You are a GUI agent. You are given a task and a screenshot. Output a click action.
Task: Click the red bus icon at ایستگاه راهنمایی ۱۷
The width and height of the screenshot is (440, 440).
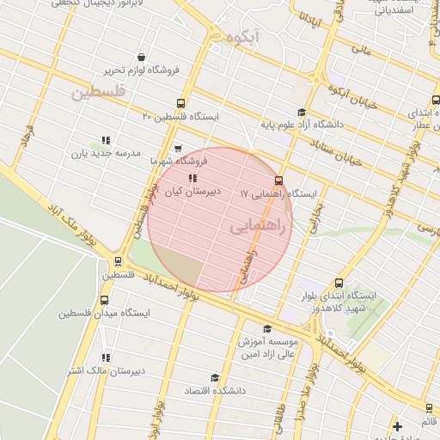(x=278, y=180)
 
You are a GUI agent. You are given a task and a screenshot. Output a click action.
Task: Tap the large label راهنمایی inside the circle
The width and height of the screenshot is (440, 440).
(x=261, y=225)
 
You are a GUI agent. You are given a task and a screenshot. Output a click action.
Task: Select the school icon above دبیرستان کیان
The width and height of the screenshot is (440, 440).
(x=192, y=179)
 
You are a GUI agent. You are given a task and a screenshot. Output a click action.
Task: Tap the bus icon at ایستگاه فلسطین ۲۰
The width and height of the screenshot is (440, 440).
(x=180, y=101)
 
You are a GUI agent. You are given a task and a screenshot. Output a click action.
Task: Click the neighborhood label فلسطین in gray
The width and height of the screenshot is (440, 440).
(x=99, y=90)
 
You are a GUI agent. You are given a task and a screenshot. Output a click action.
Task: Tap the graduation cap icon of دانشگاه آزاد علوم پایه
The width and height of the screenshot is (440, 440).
(x=301, y=112)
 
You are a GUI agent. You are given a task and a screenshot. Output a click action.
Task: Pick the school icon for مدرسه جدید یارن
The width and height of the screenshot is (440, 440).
(x=106, y=139)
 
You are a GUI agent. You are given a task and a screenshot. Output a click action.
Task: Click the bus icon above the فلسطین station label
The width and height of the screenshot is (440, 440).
(x=119, y=261)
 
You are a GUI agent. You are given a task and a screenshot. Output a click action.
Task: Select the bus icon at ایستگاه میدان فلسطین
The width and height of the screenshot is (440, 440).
(x=105, y=300)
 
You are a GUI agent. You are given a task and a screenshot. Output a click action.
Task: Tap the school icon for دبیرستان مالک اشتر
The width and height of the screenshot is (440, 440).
(x=107, y=357)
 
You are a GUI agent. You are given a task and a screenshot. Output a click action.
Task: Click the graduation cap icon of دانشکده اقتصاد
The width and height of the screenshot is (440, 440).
(x=214, y=376)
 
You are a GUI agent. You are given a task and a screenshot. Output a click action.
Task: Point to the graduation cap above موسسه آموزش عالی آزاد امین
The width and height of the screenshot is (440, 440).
(x=267, y=328)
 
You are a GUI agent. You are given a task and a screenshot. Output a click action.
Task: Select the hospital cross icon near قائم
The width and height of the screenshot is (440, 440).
(x=397, y=426)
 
